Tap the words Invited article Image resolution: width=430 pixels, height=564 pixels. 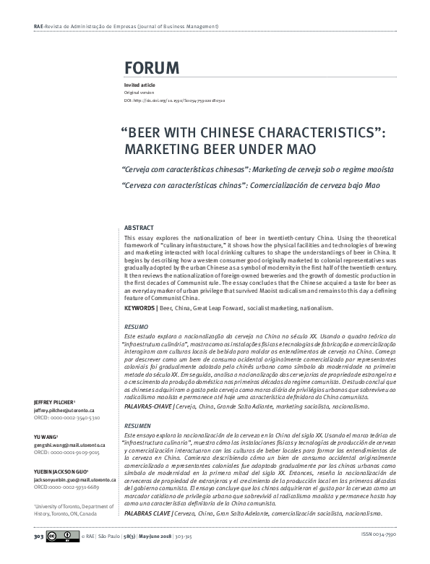138,86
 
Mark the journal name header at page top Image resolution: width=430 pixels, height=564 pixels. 126,27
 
